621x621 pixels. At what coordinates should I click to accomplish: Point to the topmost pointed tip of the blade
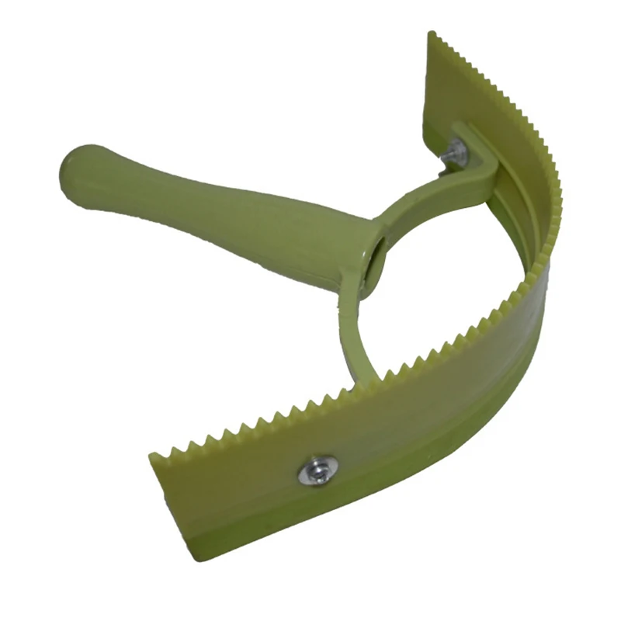click(432, 34)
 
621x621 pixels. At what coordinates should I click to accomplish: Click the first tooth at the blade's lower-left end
click(155, 453)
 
